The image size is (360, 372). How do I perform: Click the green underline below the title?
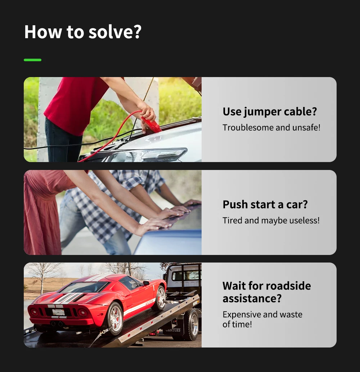point(32,60)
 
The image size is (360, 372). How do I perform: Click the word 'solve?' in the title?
point(115,32)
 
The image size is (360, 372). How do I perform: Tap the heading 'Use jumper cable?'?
point(270,112)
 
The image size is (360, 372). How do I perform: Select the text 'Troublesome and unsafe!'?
point(271,127)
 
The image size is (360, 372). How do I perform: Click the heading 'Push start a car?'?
point(265,205)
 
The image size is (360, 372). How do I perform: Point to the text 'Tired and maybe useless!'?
point(271,220)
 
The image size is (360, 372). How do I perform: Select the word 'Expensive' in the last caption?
point(242,315)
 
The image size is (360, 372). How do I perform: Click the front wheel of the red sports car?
point(161,298)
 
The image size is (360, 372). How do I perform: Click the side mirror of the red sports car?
point(146,283)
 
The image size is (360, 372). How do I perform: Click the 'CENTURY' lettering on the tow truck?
point(173,330)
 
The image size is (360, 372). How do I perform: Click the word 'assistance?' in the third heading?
point(252,299)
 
